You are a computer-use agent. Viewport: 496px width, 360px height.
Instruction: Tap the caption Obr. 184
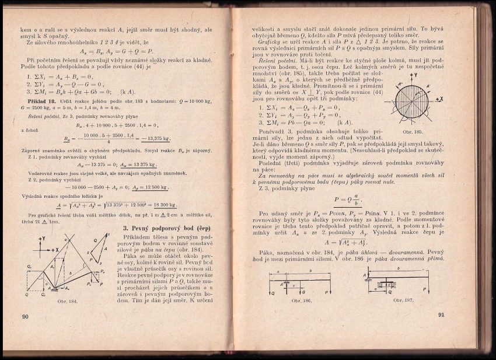pos(68,302)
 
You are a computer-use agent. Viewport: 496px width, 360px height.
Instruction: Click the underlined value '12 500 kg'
pos(154,187)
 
